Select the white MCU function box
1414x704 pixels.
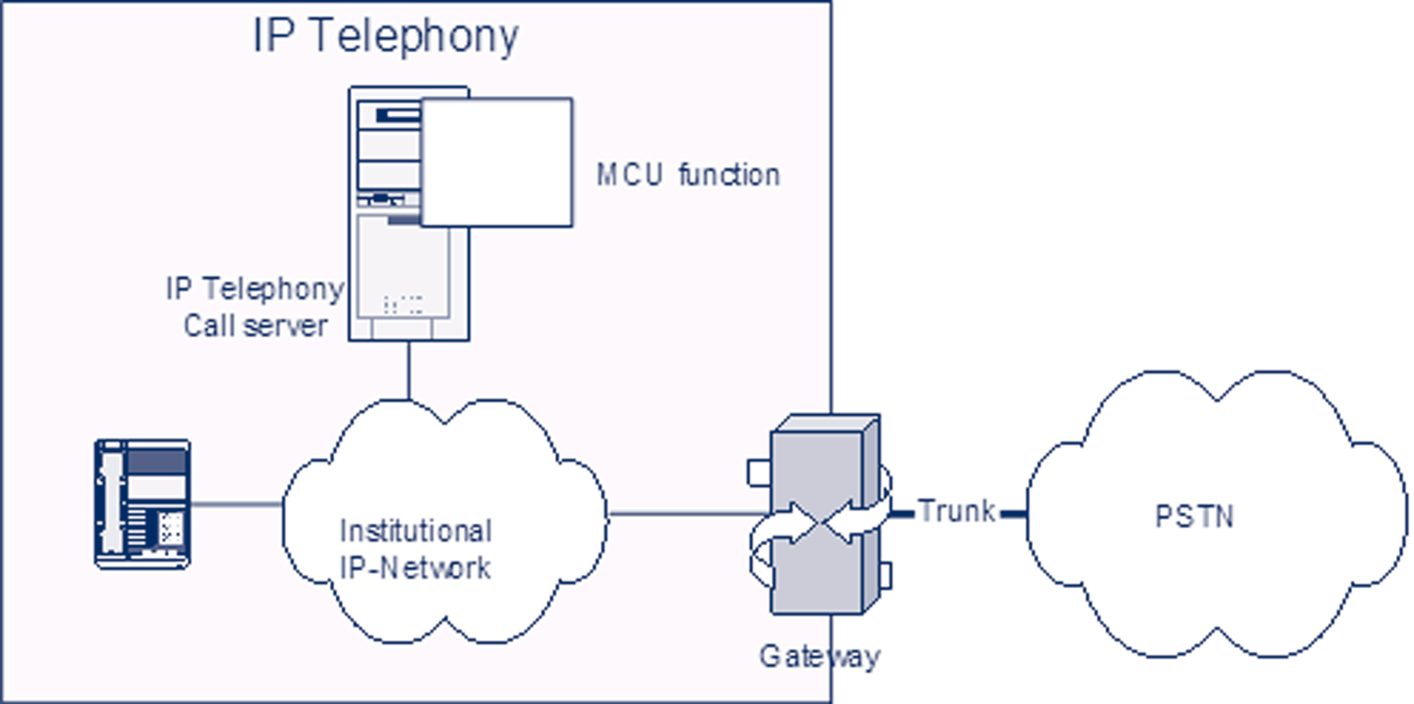[497, 162]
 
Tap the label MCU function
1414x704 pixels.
[687, 175]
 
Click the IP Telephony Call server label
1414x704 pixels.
[255, 307]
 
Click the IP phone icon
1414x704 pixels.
[143, 504]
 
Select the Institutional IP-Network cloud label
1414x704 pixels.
[415, 550]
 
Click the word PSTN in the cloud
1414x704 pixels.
[1194, 517]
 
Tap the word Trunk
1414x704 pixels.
[956, 511]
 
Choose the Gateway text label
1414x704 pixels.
[819, 657]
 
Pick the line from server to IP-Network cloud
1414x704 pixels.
[408, 370]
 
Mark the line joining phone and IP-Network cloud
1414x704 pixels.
[236, 504]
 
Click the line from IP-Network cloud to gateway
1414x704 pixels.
[686, 513]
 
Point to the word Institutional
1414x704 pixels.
[415, 531]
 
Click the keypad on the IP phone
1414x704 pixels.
[171, 529]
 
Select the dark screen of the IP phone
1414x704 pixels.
[156, 462]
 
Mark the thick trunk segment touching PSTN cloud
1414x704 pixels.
[1014, 514]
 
